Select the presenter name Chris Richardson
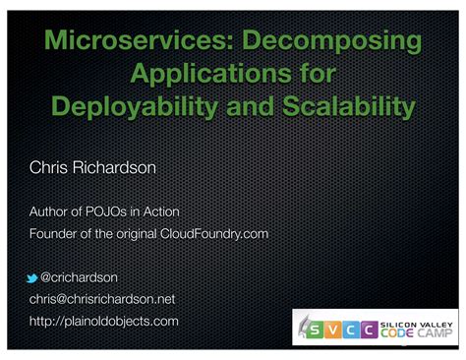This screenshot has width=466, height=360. (92, 169)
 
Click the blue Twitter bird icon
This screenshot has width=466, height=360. (34, 277)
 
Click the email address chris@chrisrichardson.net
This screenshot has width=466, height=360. (101, 299)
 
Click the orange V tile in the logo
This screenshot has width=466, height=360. (340, 330)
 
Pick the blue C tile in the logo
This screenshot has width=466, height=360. (360, 330)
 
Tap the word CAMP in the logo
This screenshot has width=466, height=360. (438, 334)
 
